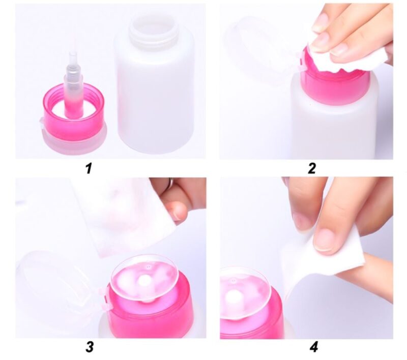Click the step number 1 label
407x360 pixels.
(x=89, y=168)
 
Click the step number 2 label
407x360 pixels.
(x=312, y=168)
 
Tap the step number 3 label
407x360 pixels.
(x=90, y=347)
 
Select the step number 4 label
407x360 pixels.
(x=314, y=347)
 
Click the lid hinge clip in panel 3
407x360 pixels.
(x=104, y=298)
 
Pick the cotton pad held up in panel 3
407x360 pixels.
(x=125, y=215)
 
